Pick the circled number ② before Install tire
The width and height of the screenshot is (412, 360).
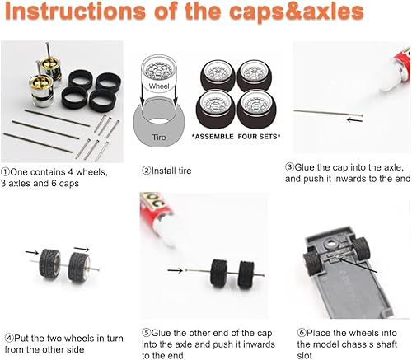point(145,171)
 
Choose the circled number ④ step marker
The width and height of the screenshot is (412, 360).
point(8,335)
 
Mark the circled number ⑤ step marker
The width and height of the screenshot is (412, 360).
point(144,331)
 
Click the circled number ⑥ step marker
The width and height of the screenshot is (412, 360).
point(300,331)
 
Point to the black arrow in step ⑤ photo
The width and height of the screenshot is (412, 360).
point(176,268)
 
